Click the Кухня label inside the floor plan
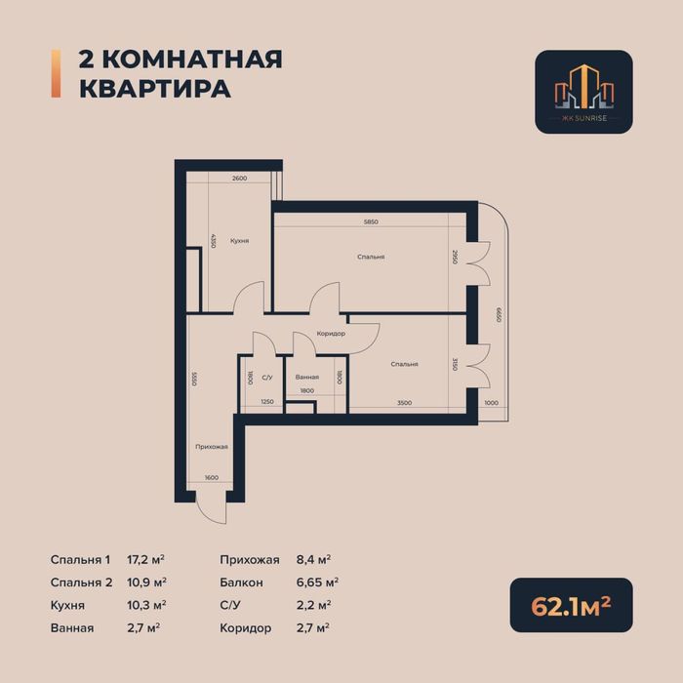tap(239, 240)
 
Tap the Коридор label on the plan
tap(331, 334)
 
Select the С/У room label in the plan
tap(265, 377)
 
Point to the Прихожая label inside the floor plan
tap(212, 447)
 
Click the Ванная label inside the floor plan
tap(307, 377)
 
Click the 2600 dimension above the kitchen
tap(239, 179)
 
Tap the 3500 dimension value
tap(404, 402)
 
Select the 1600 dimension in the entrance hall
tap(212, 477)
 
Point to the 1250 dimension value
tap(266, 402)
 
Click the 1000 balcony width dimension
tap(491, 402)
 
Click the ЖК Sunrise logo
tap(583, 92)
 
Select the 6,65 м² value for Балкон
tap(320, 583)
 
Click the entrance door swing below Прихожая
tap(210, 505)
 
